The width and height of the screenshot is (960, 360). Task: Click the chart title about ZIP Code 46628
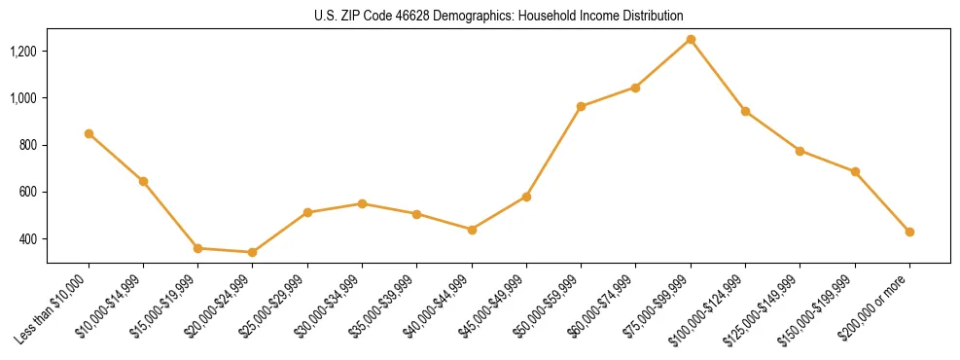(498, 16)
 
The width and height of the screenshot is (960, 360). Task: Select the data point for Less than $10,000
(89, 133)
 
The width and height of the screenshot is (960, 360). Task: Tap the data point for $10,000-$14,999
(143, 181)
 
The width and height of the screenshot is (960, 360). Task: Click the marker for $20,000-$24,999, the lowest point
(253, 252)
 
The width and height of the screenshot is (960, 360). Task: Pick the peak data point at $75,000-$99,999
(691, 39)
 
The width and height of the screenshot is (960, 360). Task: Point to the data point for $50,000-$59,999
(581, 106)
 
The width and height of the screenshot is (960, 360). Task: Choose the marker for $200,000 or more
(909, 232)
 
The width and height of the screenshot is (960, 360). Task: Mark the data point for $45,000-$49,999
(526, 197)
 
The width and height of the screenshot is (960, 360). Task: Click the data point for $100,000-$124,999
(745, 111)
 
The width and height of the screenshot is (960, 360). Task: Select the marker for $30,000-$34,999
(362, 203)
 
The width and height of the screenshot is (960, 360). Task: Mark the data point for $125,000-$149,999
(800, 151)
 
